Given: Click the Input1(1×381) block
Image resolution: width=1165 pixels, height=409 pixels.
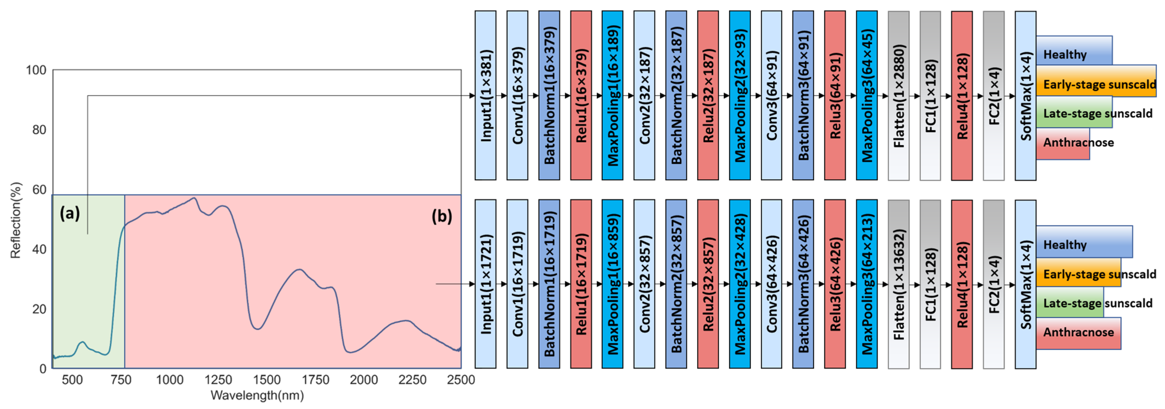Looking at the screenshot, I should [x=485, y=95].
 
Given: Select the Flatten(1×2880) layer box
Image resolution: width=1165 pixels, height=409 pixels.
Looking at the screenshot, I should [x=898, y=95].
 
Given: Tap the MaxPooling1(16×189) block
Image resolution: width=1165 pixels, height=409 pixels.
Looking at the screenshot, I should [x=612, y=95].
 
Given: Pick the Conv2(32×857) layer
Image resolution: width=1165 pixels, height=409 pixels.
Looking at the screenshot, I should [x=644, y=284].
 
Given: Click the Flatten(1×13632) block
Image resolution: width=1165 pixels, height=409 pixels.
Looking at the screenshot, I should [x=898, y=284].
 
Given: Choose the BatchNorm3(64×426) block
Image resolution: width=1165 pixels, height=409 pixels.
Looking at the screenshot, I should [x=803, y=284].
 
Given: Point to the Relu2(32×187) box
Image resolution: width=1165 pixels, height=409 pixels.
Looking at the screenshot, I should [x=708, y=95].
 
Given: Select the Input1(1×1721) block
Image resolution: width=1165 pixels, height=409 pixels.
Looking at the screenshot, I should [x=485, y=284].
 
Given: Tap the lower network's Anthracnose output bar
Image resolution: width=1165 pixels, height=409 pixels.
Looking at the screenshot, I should [x=1078, y=333].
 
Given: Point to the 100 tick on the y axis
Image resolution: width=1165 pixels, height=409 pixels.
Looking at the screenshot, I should [x=36, y=70].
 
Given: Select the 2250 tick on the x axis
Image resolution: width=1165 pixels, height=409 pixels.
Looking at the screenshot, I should [x=412, y=380].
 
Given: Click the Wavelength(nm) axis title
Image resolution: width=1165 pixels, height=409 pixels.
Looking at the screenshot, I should [x=257, y=395].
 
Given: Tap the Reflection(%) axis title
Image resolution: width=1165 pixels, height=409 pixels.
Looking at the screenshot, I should [x=16, y=220].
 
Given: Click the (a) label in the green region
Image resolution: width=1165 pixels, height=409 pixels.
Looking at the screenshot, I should [x=70, y=213].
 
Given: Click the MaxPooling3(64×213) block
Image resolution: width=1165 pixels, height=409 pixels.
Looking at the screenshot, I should [x=867, y=284].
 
